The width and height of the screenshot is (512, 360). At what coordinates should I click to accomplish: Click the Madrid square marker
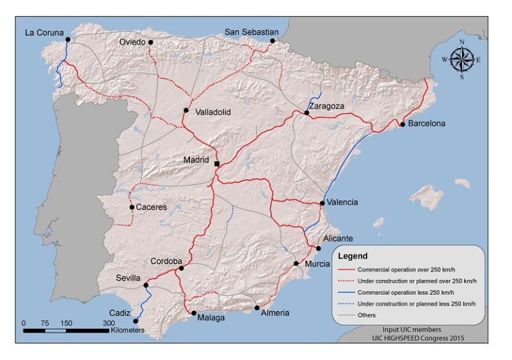[x=217, y=163]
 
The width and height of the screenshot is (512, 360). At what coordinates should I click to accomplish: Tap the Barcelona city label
[x=427, y=123]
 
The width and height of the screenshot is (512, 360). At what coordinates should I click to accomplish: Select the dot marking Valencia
[x=322, y=203]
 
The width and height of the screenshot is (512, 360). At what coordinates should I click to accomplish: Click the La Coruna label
[x=44, y=31]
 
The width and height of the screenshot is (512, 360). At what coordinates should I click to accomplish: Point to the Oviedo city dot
[x=151, y=42]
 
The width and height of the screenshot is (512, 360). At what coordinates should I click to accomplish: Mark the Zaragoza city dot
[x=307, y=113]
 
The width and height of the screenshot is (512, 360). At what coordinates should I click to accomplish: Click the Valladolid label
[x=213, y=112]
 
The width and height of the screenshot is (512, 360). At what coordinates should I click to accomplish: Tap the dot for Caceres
[x=131, y=207]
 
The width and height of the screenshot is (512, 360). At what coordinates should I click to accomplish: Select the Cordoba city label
[x=167, y=261]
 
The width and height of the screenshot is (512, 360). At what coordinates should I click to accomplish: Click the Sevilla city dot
[x=145, y=285]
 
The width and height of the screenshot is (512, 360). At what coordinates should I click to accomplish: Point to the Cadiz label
[x=121, y=312]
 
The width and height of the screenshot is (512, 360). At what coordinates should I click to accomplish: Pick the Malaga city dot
[x=193, y=313]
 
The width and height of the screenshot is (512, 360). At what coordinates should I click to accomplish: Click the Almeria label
[x=275, y=313]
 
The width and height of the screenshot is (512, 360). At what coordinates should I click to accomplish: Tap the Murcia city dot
[x=296, y=264]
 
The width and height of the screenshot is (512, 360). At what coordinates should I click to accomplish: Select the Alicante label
[x=338, y=238]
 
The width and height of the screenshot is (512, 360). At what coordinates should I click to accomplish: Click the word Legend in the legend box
[x=353, y=255]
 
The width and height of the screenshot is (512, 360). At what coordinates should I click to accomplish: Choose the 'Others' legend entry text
[x=367, y=315]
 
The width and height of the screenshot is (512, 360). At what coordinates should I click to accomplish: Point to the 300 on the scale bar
[x=108, y=323]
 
